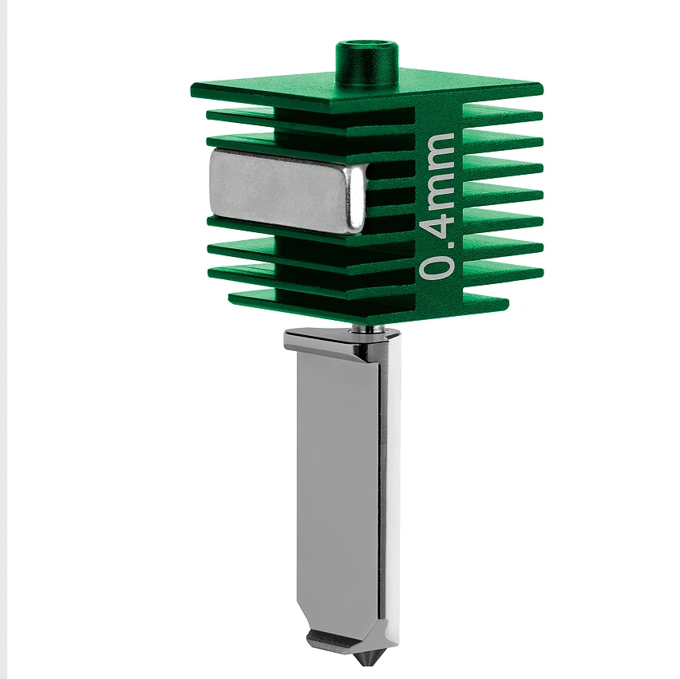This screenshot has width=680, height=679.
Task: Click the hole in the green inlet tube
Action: click(x=367, y=46)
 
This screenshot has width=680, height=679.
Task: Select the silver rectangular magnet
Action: click(x=287, y=190)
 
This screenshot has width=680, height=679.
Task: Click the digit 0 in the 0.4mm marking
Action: click(x=436, y=263)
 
